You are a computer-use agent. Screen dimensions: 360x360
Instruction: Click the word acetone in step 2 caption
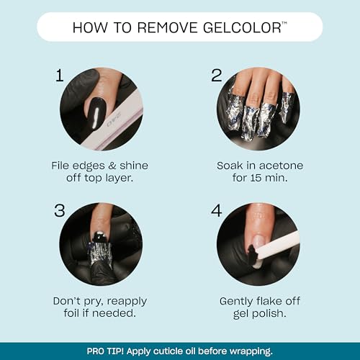(x=286, y=165)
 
